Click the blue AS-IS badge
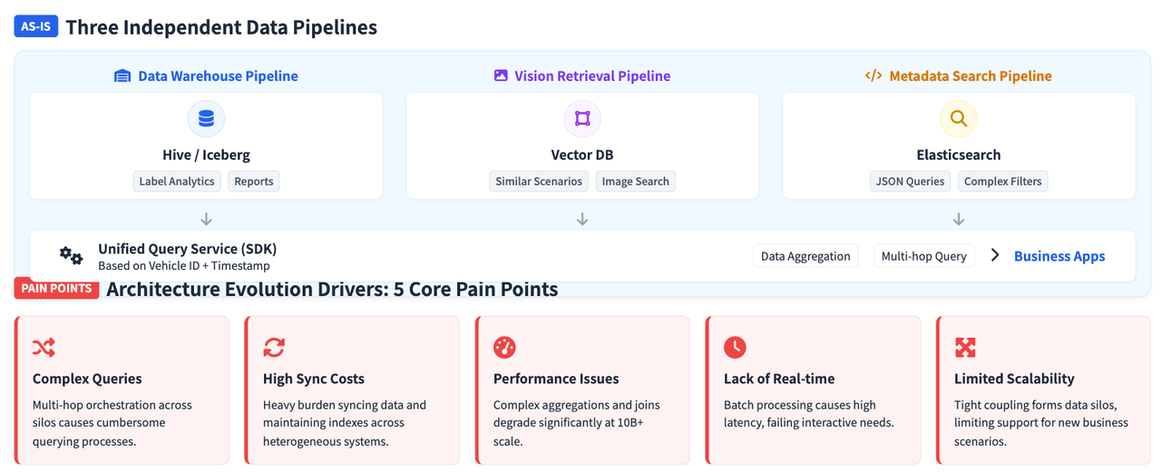coord(35,26)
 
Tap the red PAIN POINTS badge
coord(56,289)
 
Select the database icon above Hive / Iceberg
coord(206,119)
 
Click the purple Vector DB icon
coord(582,119)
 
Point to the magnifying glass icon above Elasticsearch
coord(959,119)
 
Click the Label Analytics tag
coord(177,181)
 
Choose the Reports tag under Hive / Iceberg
coord(253,181)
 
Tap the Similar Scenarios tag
coord(539,181)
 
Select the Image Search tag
coord(636,181)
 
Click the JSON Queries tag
coord(910,181)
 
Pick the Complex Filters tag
coord(1003,181)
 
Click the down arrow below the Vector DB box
coord(582,219)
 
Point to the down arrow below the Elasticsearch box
coord(959,219)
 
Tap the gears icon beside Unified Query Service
coord(71,255)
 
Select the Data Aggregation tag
coord(805,256)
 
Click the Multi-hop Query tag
coord(924,256)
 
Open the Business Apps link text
coord(1059,256)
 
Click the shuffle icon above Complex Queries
coord(44,348)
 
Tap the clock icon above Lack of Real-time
coord(735,348)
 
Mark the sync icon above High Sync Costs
coord(274,348)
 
